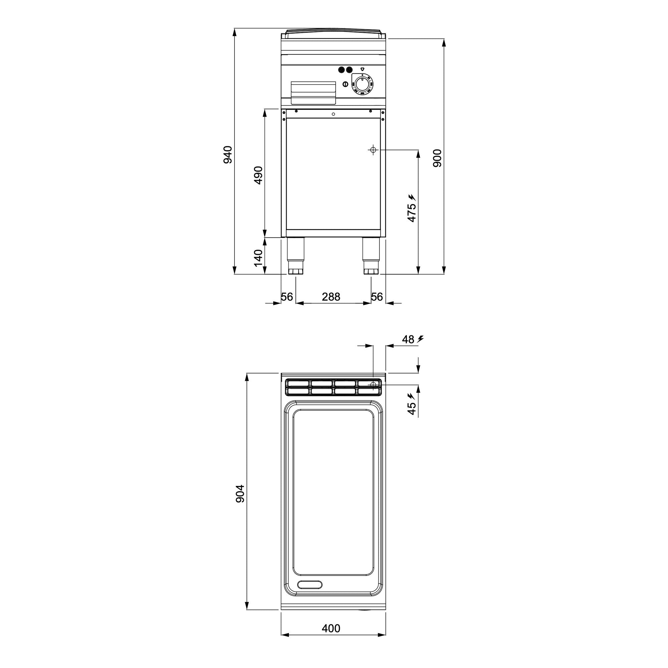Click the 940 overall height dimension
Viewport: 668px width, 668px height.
[227, 155]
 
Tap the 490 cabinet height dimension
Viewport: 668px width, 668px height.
[258, 175]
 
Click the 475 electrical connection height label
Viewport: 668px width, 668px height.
[411, 213]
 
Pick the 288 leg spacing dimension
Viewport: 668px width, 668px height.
[331, 297]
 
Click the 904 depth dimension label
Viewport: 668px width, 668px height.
[240, 493]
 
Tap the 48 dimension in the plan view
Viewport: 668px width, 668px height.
[408, 340]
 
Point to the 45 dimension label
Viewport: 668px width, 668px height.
[411, 408]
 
